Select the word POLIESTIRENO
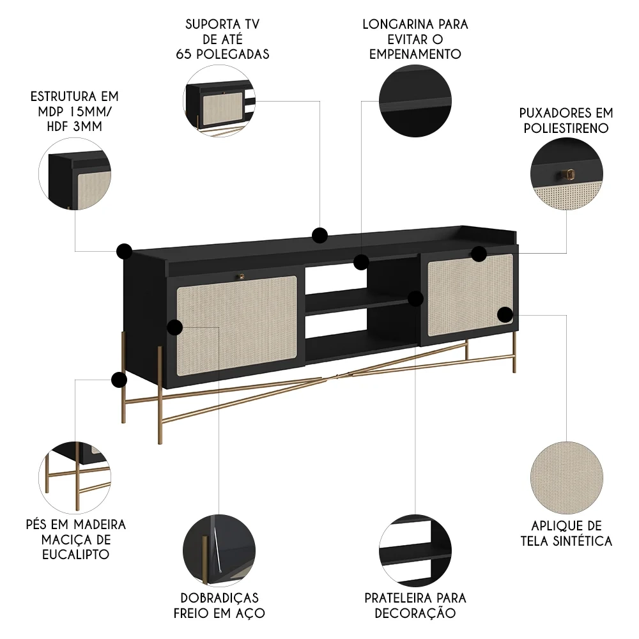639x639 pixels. tap(566, 128)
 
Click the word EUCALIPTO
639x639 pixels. tap(75, 554)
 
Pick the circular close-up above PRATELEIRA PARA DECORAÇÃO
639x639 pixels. tap(415, 550)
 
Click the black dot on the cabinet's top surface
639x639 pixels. tap(320, 235)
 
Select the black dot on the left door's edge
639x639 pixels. tap(174, 328)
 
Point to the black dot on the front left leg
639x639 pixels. tap(119, 381)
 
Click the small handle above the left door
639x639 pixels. tap(242, 276)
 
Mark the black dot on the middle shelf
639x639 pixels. tap(416, 298)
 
